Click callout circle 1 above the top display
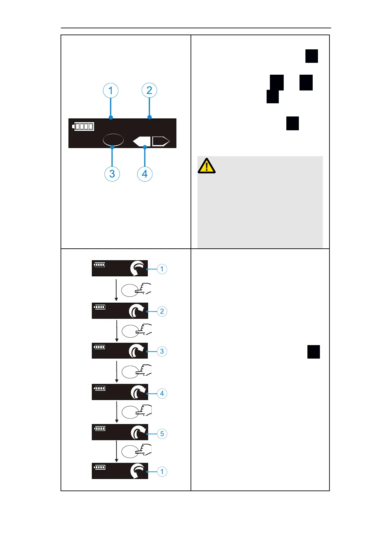click(111, 90)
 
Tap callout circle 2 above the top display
click(149, 90)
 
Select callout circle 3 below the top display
click(112, 174)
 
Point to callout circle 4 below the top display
click(145, 174)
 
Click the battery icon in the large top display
click(83, 126)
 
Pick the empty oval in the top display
click(113, 139)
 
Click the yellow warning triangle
click(206, 166)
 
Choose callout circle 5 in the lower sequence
click(162, 434)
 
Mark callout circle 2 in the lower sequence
click(162, 311)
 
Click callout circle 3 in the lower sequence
click(162, 351)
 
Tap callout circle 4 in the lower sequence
click(162, 393)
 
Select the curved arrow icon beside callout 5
click(138, 433)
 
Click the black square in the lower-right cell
click(314, 352)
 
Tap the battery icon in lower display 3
click(99, 347)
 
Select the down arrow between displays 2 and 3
click(117, 331)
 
